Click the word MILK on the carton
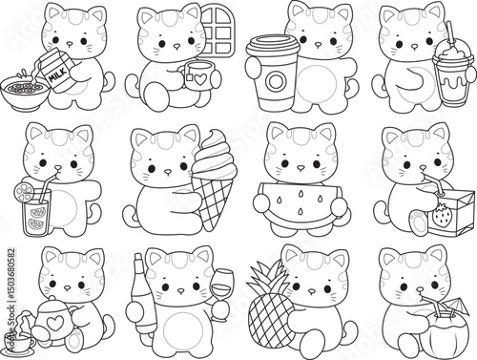click(x=58, y=74)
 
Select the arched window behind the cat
click(x=218, y=31)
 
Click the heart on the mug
click(x=200, y=80)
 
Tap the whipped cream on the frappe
click(x=451, y=51)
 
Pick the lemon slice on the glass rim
click(x=24, y=193)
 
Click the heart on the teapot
click(x=52, y=324)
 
